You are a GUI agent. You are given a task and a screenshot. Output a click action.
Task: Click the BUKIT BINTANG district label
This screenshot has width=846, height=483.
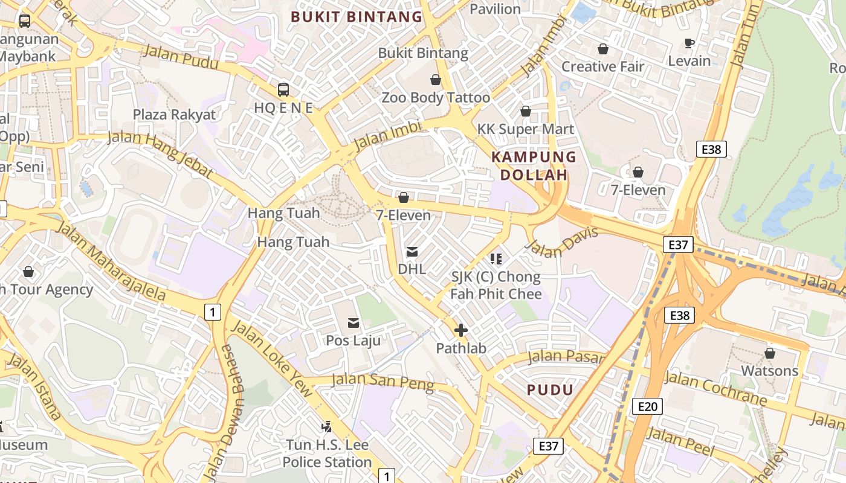point(357,17)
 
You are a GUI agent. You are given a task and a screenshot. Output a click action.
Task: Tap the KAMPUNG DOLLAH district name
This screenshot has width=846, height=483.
point(534,166)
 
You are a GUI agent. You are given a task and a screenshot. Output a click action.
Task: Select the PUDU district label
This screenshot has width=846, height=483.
point(550,389)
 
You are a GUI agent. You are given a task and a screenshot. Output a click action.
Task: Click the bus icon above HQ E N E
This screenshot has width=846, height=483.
point(283,90)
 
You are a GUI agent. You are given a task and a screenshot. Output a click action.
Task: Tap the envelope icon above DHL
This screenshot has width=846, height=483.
point(412,251)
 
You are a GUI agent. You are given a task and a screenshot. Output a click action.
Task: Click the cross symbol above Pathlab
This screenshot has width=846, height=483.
point(460,330)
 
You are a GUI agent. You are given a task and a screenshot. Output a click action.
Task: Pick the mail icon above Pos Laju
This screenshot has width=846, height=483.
point(354,323)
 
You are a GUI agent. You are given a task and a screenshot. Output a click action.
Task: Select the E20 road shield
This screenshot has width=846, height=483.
point(647,406)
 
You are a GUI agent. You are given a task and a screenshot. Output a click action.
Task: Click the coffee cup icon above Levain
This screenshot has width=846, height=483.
point(689,43)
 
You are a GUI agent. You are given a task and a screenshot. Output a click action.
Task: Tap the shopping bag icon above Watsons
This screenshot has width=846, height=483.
point(770,353)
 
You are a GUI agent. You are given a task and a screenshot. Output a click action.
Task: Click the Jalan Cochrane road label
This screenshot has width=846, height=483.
point(715,388)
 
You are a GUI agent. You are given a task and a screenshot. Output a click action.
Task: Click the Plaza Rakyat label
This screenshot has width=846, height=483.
point(174,115)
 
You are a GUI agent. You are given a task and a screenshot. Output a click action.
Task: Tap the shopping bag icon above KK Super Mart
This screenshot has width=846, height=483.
point(526,111)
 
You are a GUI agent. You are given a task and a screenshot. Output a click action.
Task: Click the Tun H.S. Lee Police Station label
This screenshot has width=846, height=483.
point(327,454)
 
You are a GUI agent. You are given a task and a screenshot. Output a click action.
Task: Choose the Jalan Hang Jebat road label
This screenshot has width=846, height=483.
point(161,154)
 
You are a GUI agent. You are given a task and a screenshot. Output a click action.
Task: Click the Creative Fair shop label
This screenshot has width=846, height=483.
point(603,66)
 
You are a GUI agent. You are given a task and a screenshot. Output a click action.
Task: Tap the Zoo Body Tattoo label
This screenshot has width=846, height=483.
point(436,97)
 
